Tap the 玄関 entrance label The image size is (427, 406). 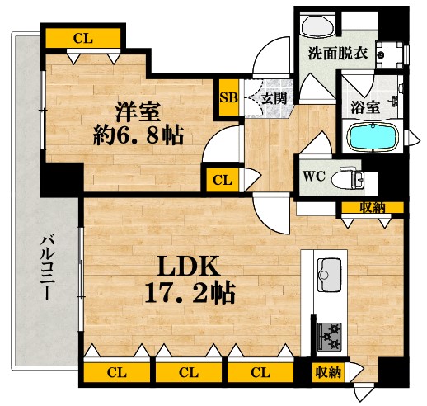click(x=273, y=97)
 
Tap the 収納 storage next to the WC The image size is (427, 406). click(x=373, y=206)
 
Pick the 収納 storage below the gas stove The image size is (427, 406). click(x=327, y=373)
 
